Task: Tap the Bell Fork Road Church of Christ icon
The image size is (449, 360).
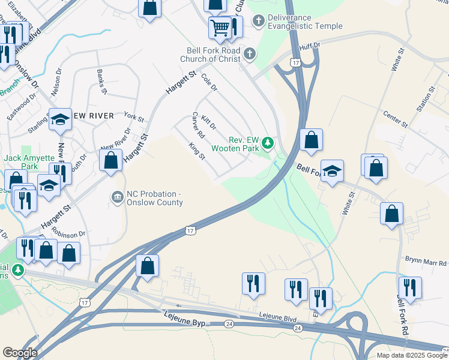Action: [250, 55]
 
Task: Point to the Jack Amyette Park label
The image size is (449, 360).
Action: [25, 162]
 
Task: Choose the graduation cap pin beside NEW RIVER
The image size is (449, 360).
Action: [60, 120]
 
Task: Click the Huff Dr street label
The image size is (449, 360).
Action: [309, 44]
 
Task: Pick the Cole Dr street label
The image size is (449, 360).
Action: [208, 83]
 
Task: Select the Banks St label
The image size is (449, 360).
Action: [101, 82]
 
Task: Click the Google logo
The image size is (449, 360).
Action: [20, 353]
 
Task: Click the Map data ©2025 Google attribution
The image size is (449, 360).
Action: [411, 355]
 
